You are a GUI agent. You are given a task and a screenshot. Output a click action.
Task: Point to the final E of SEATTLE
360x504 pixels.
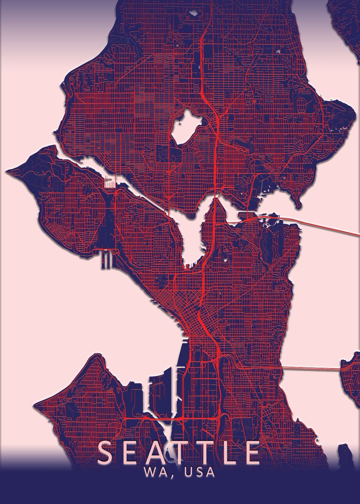(253, 452)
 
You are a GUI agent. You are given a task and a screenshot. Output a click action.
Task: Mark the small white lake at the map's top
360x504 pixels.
(194, 13)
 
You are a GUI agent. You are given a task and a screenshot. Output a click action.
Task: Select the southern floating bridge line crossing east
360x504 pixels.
(311, 368)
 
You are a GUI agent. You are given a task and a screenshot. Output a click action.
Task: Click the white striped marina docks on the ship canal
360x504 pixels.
(110, 184)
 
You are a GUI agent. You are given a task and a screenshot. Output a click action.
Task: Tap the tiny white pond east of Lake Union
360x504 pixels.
(227, 259)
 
